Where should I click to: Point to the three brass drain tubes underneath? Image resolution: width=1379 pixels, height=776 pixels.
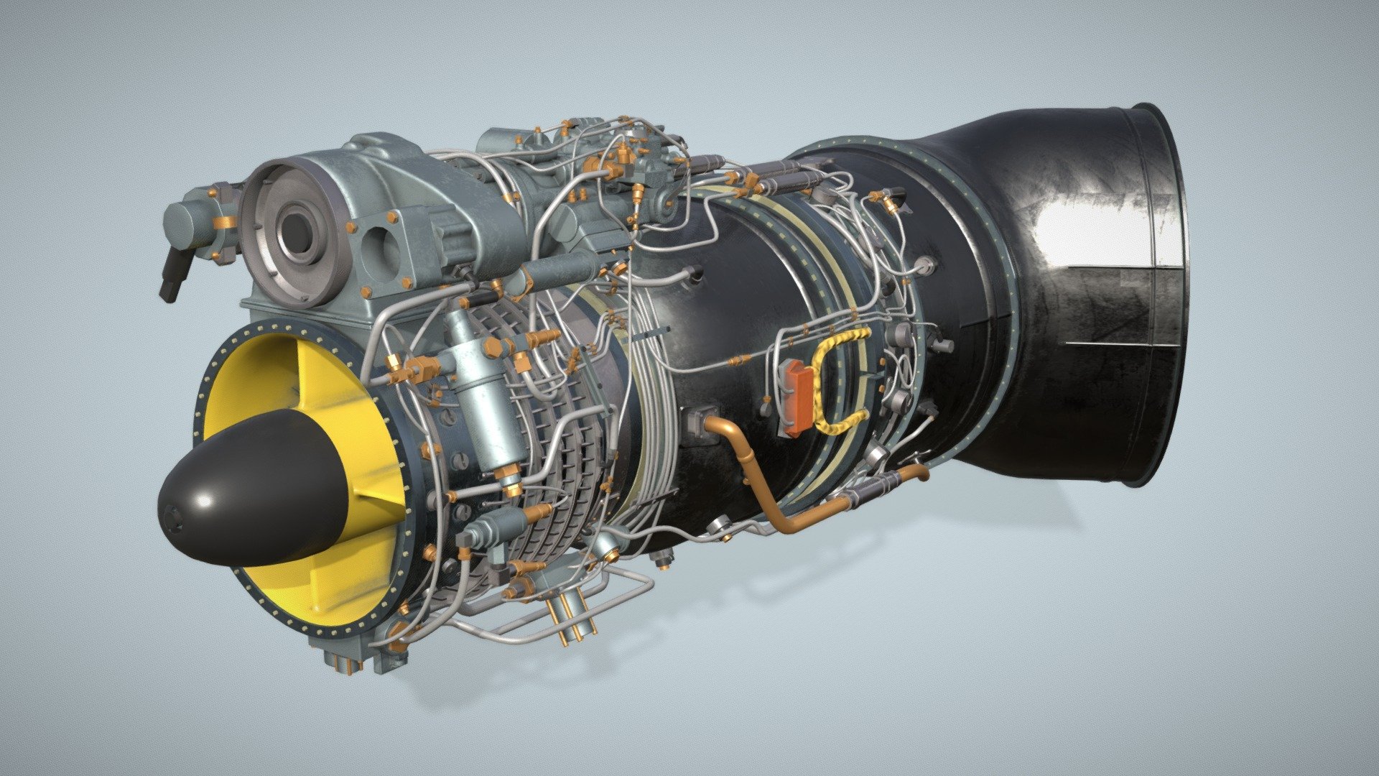[x=571, y=618]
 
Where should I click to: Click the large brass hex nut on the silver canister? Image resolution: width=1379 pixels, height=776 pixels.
[x=496, y=348]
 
